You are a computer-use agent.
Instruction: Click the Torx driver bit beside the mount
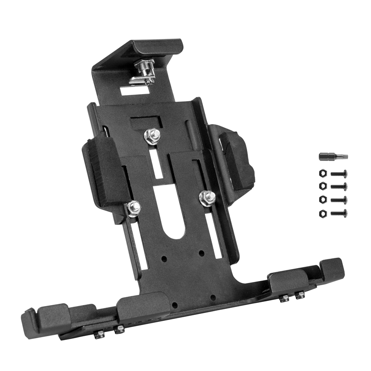[333, 157]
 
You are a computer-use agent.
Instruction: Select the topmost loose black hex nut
[322, 174]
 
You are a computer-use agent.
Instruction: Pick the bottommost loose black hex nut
[322, 213]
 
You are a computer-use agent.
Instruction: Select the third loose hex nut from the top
[322, 200]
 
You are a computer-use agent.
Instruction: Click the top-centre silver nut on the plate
[152, 135]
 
